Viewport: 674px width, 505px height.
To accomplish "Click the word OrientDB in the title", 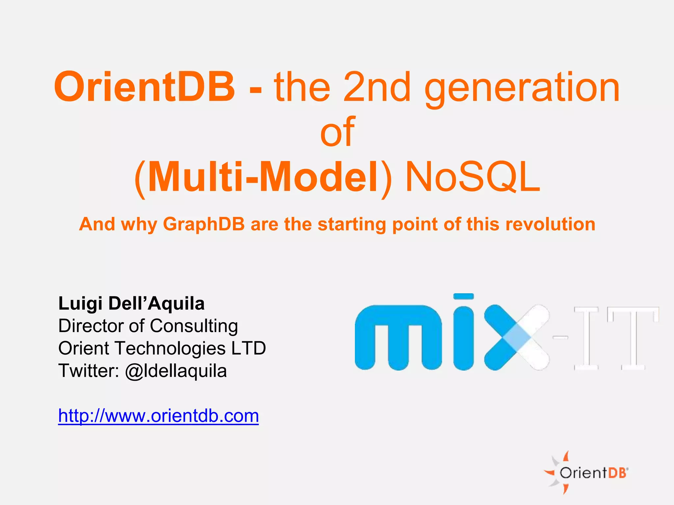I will (145, 87).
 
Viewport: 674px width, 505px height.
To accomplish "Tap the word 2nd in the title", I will (377, 87).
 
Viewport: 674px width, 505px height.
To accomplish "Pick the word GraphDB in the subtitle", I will (204, 225).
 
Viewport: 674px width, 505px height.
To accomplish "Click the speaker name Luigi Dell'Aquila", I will (131, 303).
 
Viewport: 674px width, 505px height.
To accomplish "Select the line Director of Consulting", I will (148, 326).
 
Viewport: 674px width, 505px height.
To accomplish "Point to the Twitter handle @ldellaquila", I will (176, 371).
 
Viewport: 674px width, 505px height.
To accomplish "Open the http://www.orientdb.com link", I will (158, 416).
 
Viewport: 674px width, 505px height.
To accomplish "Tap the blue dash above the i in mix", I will (463, 296).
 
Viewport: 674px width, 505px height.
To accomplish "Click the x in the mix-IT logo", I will (517, 338).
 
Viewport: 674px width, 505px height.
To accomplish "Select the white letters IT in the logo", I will (615, 338).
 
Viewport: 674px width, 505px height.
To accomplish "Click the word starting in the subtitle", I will (352, 225).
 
